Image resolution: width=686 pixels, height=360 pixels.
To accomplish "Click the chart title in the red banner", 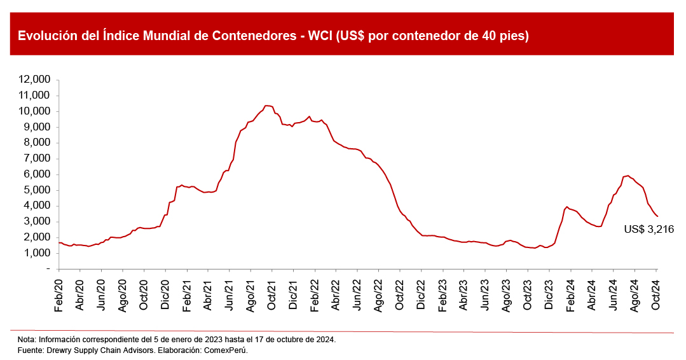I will [273, 36].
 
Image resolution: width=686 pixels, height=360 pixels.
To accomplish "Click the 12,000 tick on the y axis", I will [35, 80].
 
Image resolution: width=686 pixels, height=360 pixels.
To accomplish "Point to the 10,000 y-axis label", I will [35, 111].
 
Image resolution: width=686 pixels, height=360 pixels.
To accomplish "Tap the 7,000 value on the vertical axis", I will [38, 158].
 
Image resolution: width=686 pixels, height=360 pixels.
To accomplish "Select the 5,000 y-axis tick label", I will [38, 190].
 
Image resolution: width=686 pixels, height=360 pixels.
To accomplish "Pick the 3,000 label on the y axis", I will [38, 221].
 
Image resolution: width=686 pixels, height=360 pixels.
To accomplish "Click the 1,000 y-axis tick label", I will [38, 253].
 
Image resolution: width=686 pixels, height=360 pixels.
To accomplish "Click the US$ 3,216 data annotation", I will [648, 230].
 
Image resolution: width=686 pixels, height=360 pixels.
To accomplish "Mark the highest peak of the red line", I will [267, 106].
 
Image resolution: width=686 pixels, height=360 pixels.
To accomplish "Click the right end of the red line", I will [657, 217].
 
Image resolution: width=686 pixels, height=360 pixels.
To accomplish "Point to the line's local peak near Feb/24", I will [566, 207].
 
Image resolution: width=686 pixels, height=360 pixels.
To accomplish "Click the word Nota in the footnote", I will [27, 340].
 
